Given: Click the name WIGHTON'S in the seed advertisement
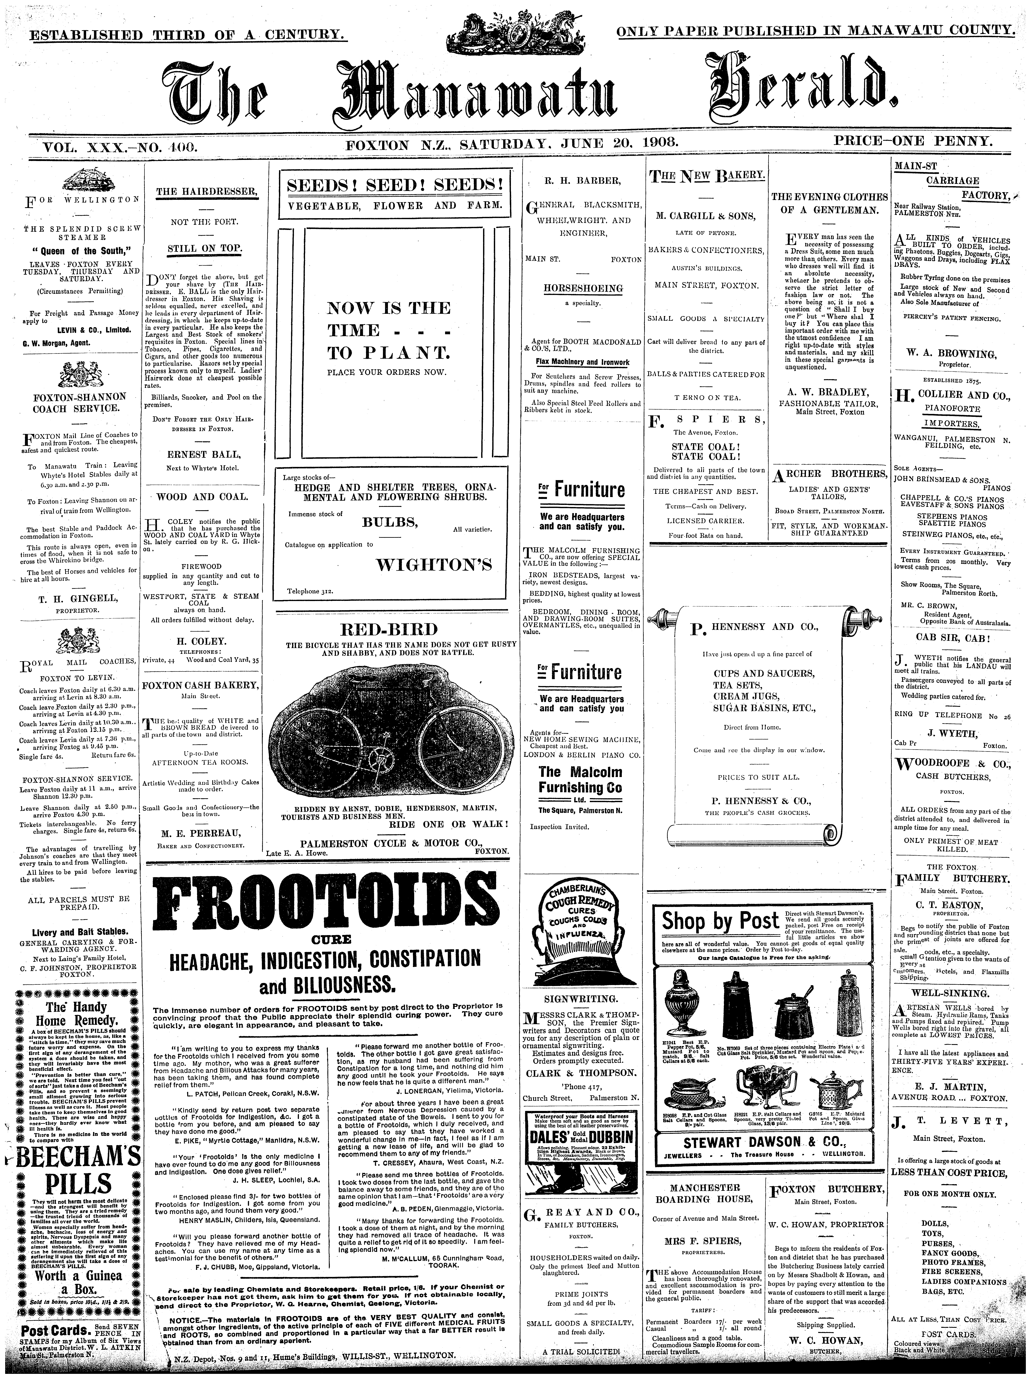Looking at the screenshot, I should [x=434, y=565].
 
